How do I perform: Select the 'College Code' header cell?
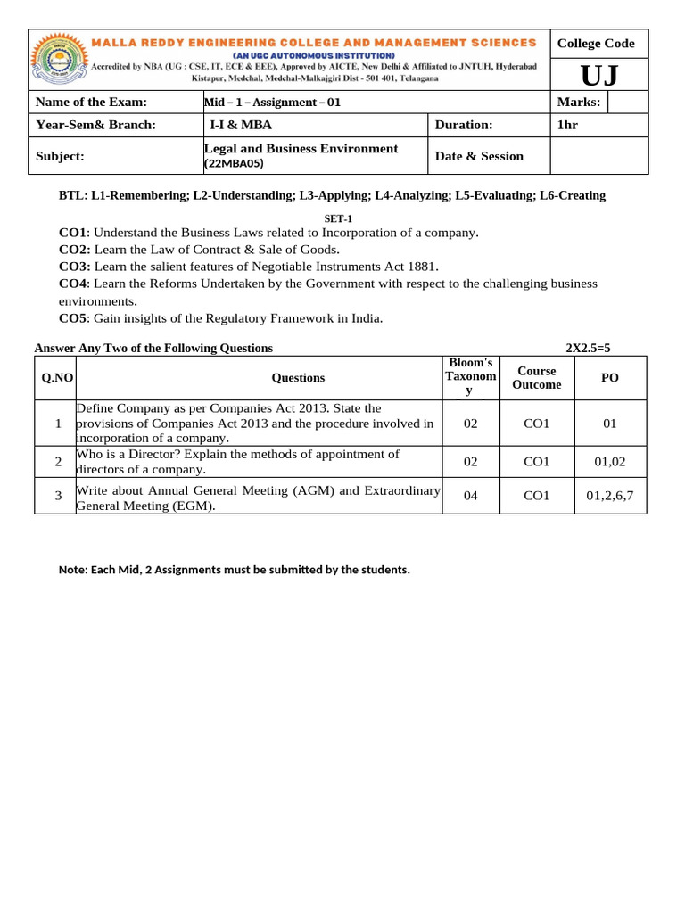pos(595,44)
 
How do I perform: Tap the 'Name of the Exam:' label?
pos(91,103)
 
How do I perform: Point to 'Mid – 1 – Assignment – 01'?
pos(273,103)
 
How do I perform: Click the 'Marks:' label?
pos(579,103)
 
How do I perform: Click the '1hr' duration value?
pos(567,125)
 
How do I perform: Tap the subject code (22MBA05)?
pos(235,164)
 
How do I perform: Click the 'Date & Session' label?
pos(479,156)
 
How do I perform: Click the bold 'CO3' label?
pos(75,267)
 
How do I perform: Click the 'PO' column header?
pos(610,378)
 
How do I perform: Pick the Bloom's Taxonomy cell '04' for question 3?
pos(471,496)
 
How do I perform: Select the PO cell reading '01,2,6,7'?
pos(610,496)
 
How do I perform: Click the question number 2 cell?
pos(57,461)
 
